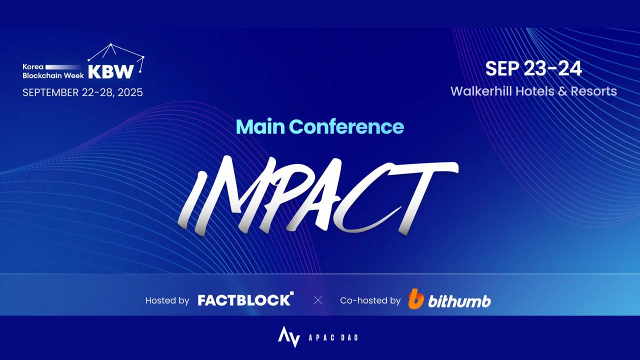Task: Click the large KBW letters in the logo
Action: [x=111, y=71]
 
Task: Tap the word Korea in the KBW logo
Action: [x=33, y=67]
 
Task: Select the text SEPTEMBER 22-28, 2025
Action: [x=82, y=92]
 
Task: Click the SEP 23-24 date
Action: [x=533, y=68]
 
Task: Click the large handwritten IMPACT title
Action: [x=318, y=195]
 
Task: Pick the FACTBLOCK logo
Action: [x=245, y=299]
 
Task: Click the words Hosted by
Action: [x=167, y=300]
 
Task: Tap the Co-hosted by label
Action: [x=370, y=300]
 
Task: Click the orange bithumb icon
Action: [x=416, y=299]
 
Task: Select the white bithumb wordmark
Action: [x=459, y=301]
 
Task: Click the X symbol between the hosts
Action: [x=317, y=300]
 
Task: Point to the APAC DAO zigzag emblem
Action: [x=289, y=337]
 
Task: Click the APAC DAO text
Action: [x=333, y=337]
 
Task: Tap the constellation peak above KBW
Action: [x=111, y=44]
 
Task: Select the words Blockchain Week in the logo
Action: [x=53, y=75]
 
